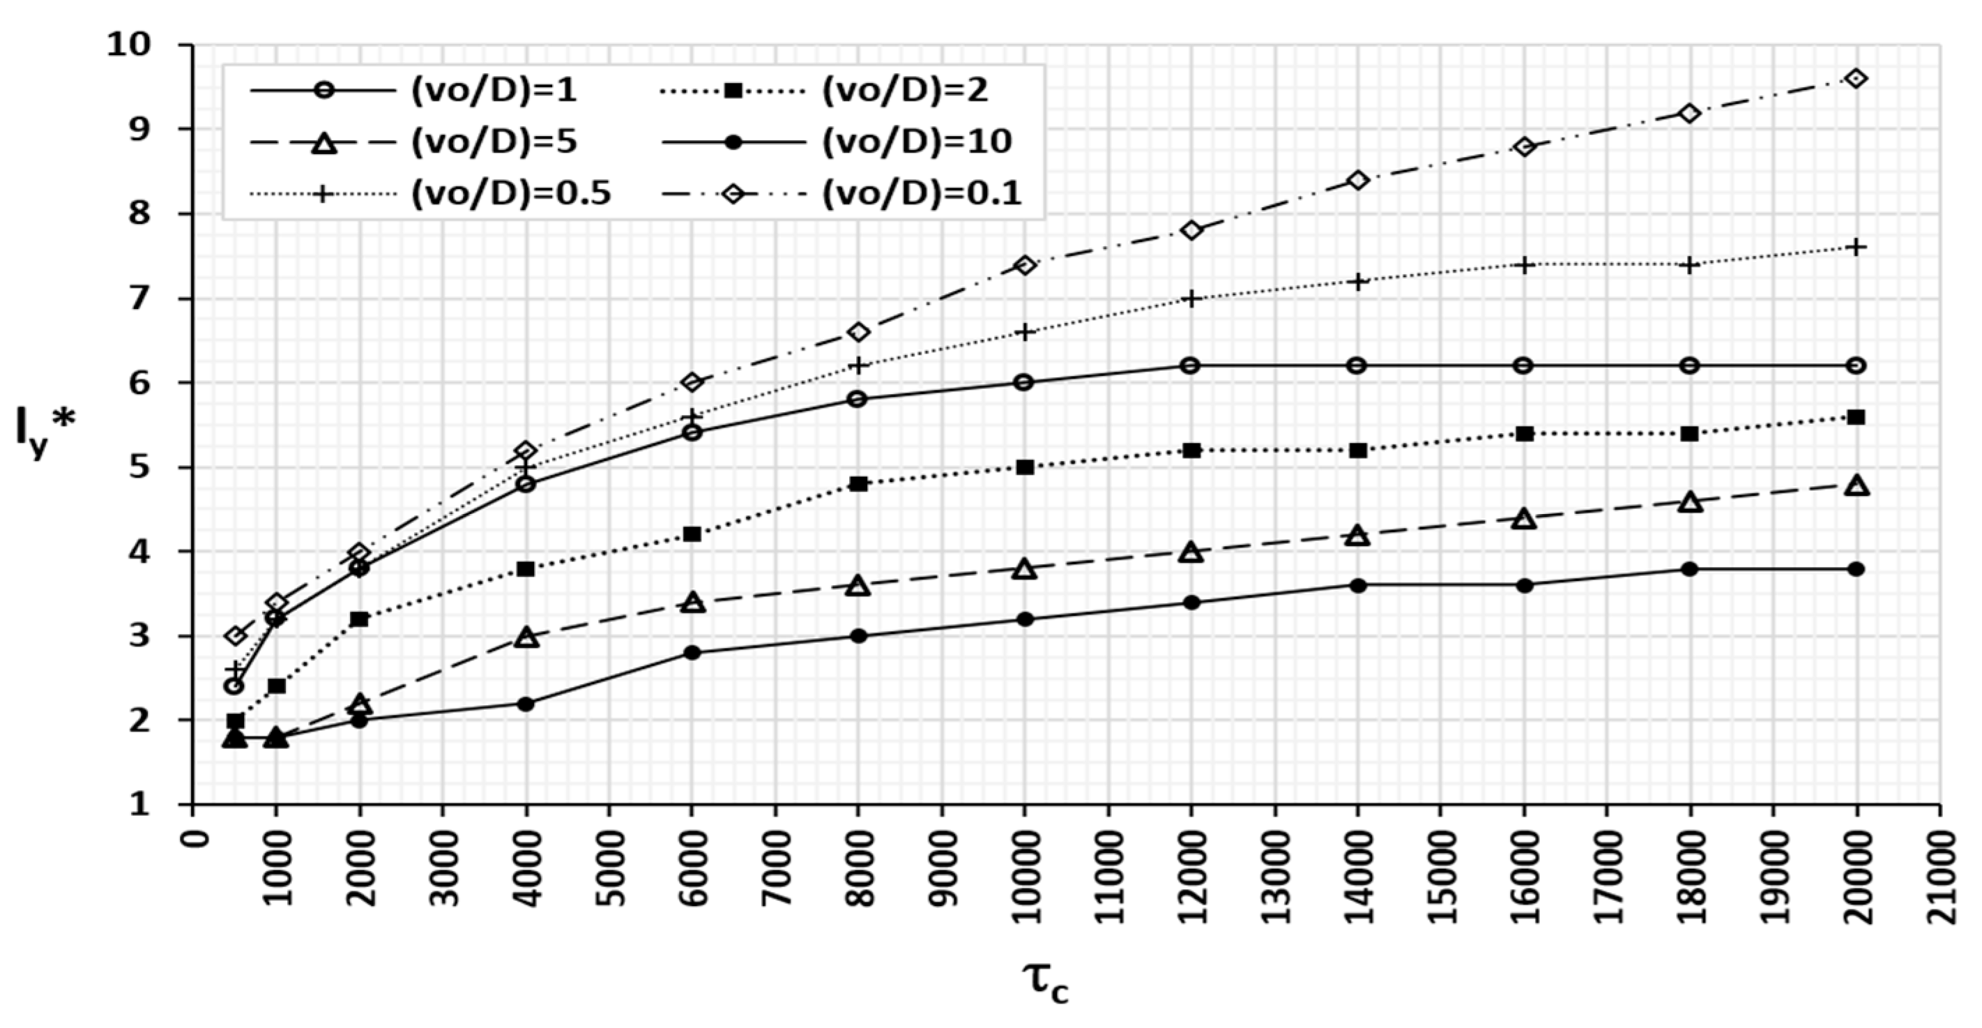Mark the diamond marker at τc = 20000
click(x=1855, y=79)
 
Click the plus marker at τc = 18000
click(x=1690, y=266)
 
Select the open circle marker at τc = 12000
click(x=1190, y=365)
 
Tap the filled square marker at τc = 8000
click(x=859, y=484)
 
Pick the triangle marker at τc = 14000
click(x=1357, y=536)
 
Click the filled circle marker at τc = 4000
click(x=526, y=703)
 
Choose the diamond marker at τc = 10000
click(x=1024, y=266)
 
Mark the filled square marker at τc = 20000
click(x=1855, y=417)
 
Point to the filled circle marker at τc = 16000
click(x=1523, y=586)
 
